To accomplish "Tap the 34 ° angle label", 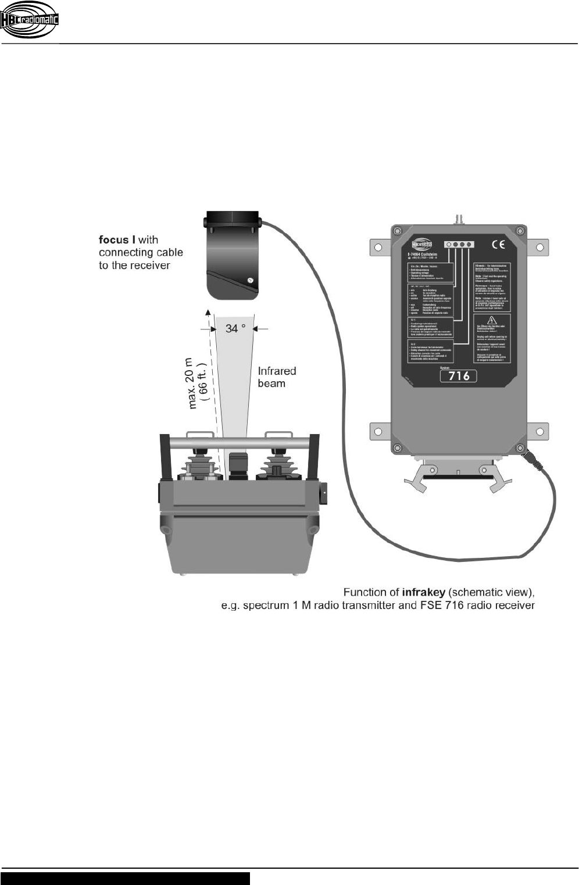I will click(x=235, y=329).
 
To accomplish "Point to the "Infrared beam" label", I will click(x=277, y=377).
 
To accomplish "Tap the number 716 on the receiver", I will click(x=459, y=376).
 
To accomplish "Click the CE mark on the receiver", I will click(x=498, y=245).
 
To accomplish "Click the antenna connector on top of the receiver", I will click(x=456, y=219).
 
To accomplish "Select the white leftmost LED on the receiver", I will click(x=448, y=245).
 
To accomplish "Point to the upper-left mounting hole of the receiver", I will click(x=378, y=248).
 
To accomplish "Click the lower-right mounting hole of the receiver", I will click(x=539, y=432).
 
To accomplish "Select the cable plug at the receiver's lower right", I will click(x=535, y=461).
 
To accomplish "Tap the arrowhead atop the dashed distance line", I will click(x=208, y=313).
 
